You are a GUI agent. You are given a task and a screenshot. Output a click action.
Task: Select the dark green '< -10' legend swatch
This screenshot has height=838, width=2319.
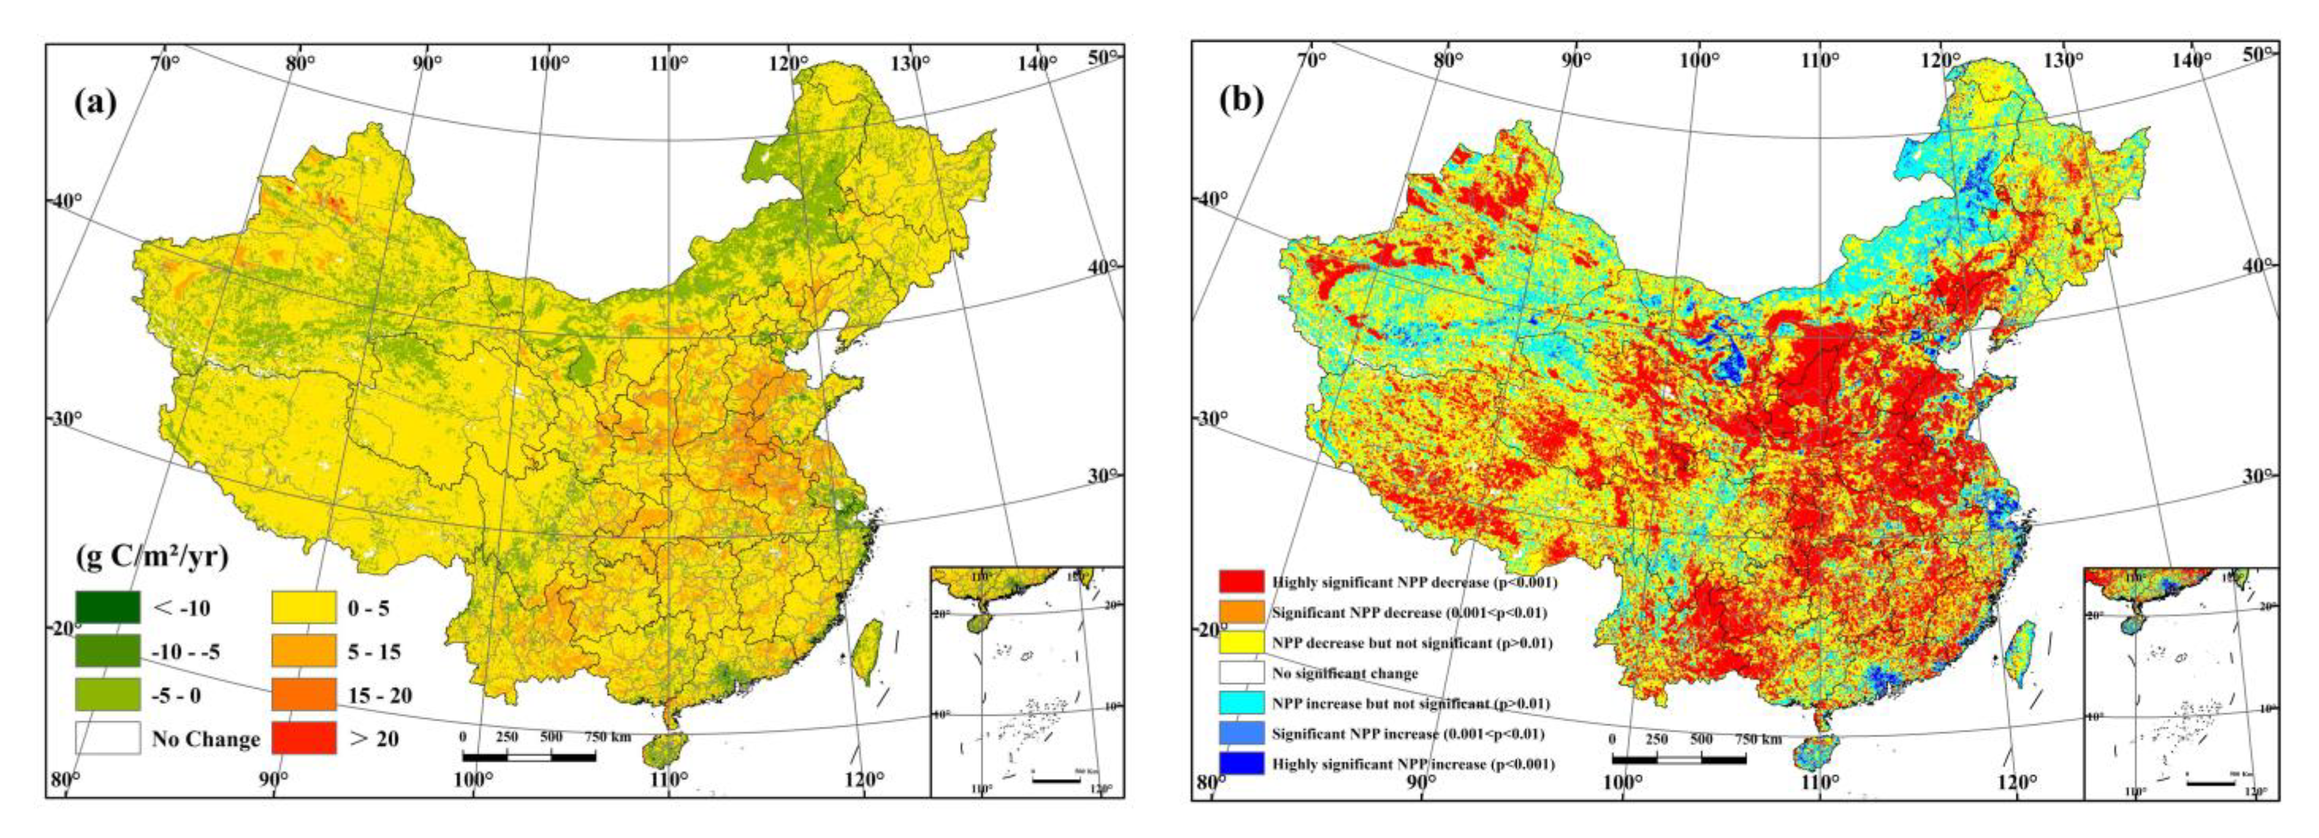pyautogui.click(x=107, y=607)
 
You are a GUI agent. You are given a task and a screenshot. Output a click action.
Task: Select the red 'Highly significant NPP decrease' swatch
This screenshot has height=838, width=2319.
pyautogui.click(x=1241, y=582)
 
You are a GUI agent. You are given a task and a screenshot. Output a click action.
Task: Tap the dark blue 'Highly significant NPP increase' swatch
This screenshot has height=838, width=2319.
pyautogui.click(x=1241, y=763)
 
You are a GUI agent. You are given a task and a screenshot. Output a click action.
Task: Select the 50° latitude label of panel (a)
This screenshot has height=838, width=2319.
pyautogui.click(x=1104, y=56)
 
